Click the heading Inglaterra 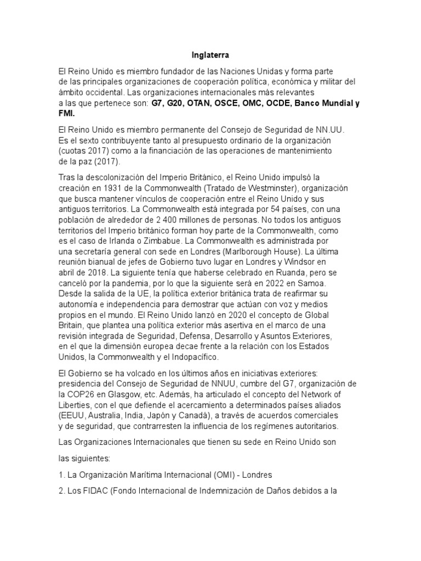click(210, 55)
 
